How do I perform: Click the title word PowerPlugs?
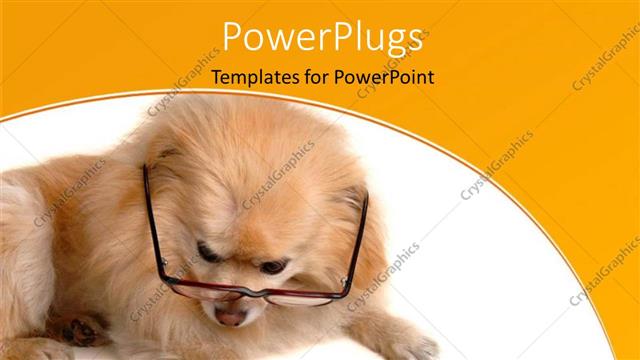(x=321, y=37)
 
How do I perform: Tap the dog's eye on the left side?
(x=208, y=253)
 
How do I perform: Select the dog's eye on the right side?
(x=272, y=266)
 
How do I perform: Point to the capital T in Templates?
(x=217, y=77)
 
